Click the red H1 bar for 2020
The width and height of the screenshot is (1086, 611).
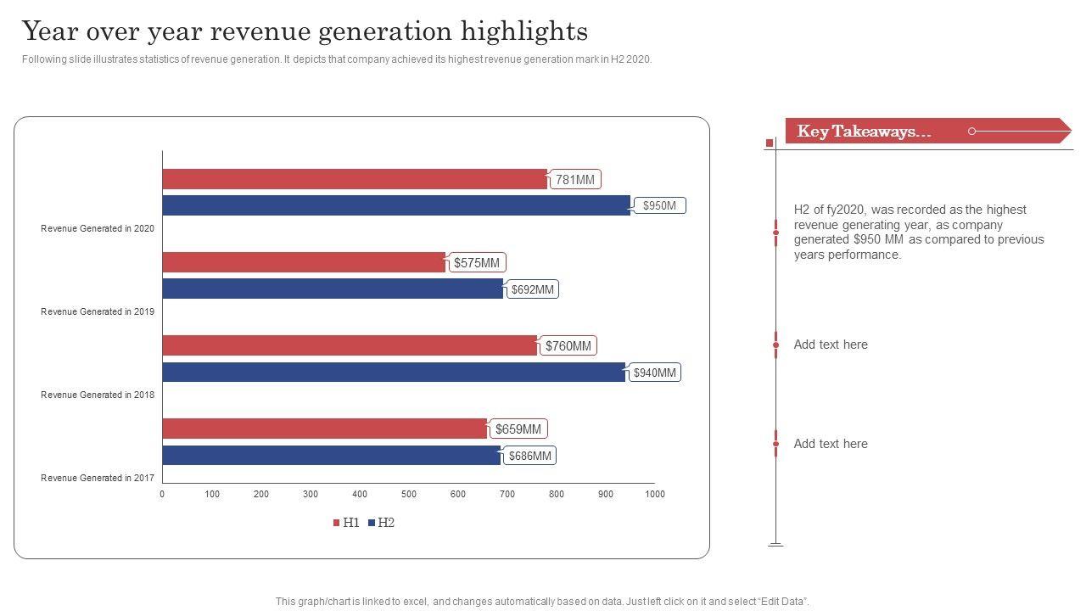tap(355, 179)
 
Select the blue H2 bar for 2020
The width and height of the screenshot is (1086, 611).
tap(395, 205)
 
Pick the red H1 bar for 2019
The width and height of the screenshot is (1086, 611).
tap(304, 262)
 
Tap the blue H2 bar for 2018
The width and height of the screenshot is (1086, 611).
tap(393, 372)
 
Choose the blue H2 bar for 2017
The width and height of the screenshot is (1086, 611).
tap(331, 455)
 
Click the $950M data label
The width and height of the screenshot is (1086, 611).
tap(659, 205)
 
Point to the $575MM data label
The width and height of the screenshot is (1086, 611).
tap(477, 262)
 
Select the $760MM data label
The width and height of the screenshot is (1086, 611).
tap(568, 345)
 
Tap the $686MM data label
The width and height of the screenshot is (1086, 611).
tap(530, 456)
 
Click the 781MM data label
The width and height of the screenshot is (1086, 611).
tap(575, 179)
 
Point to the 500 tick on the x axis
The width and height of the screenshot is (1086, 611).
tap(409, 494)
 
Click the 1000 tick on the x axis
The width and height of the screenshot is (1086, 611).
tap(654, 494)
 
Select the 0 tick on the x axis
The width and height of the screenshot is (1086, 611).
tap(162, 494)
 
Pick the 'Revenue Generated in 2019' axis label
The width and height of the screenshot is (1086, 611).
tap(98, 311)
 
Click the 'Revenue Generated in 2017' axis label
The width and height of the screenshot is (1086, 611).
tap(98, 478)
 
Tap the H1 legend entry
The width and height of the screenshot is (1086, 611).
tap(346, 523)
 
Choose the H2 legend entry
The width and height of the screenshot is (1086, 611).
tap(381, 523)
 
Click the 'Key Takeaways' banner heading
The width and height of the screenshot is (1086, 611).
tap(864, 132)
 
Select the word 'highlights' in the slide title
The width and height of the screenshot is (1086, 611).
tap(524, 31)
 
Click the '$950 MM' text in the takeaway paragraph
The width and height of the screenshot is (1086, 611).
tap(879, 239)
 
